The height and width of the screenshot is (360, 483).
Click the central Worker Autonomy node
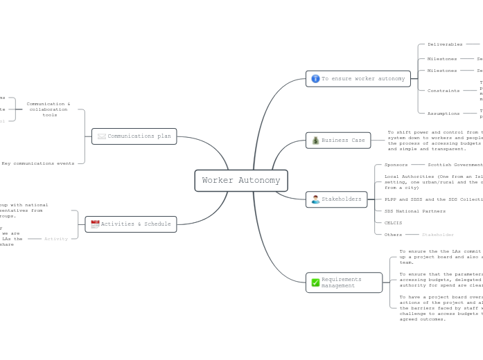(x=241, y=181)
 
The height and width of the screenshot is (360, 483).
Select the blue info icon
(x=315, y=79)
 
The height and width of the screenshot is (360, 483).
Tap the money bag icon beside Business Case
(x=315, y=141)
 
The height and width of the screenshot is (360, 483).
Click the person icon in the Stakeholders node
(x=315, y=199)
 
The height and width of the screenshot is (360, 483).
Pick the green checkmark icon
(x=315, y=282)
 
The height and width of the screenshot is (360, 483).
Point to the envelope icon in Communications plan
(x=102, y=136)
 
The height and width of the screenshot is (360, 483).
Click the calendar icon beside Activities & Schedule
(x=95, y=224)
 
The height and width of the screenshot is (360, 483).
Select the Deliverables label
(x=445, y=44)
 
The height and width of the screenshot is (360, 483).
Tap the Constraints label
(x=444, y=91)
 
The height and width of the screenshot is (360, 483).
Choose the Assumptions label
(x=444, y=114)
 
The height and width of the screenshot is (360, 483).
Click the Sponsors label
(x=396, y=165)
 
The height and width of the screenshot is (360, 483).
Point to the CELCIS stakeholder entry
(x=393, y=223)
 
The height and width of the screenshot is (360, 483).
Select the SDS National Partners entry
(x=415, y=211)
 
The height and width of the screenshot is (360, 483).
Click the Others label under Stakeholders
(x=393, y=235)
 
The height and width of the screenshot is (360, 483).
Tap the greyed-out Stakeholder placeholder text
(x=438, y=235)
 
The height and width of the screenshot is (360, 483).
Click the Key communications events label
(x=38, y=163)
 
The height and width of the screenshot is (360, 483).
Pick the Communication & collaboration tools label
(x=49, y=109)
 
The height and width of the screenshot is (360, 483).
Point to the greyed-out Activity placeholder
(x=56, y=239)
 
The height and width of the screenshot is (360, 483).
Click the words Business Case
(x=343, y=141)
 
